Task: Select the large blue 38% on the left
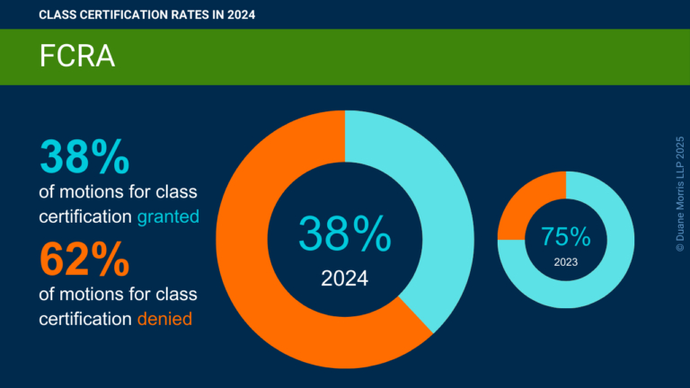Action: point(85,156)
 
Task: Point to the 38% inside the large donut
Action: point(345,234)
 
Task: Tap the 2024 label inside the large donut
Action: point(345,278)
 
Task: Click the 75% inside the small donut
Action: point(566,237)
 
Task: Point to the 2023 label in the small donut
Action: point(566,263)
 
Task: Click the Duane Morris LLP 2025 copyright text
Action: point(679,193)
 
